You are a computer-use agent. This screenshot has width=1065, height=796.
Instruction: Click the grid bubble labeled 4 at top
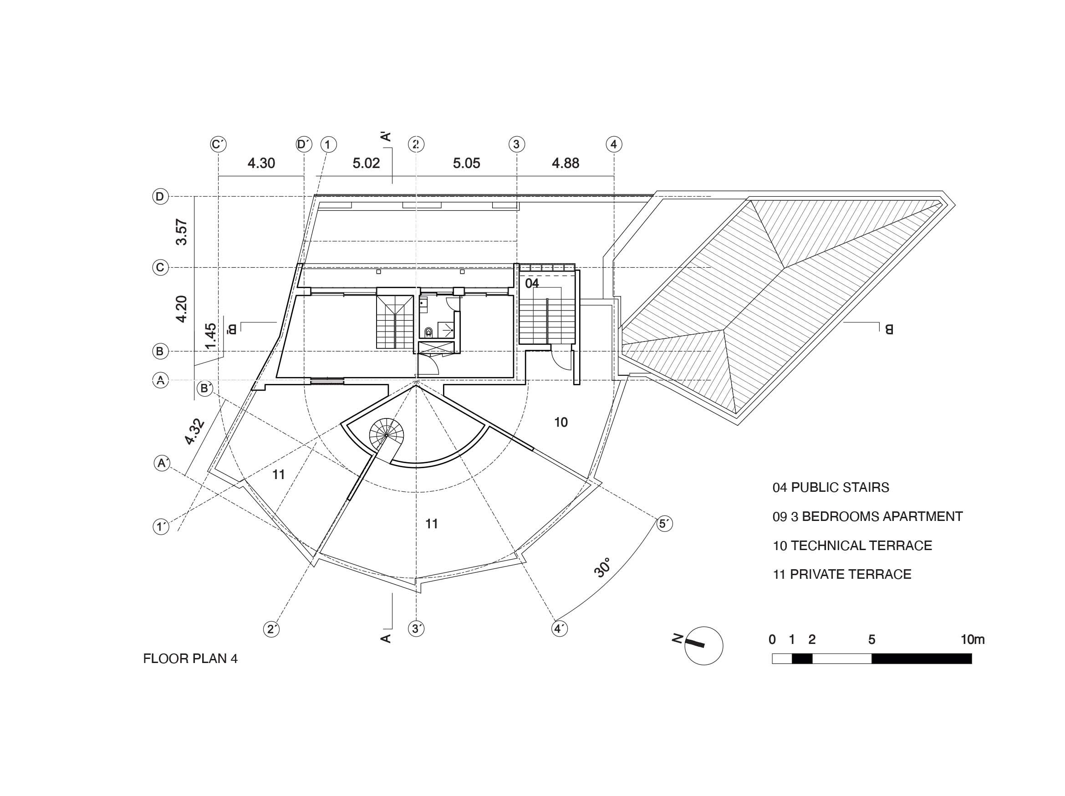click(x=613, y=144)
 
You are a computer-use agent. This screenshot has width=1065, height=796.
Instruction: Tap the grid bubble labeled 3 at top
click(x=517, y=144)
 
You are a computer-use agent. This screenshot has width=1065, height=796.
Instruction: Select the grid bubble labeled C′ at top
click(x=219, y=144)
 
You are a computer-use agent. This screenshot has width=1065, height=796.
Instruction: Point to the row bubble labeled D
click(x=160, y=196)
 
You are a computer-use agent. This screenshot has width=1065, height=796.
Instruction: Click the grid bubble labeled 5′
click(x=664, y=523)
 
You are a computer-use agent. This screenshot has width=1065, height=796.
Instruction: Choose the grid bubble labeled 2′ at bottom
click(x=271, y=629)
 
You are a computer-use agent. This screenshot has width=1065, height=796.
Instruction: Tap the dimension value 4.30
click(x=261, y=163)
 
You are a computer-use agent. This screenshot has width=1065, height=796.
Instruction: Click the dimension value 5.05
click(x=467, y=163)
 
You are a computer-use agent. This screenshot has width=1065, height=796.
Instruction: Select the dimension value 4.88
click(x=566, y=163)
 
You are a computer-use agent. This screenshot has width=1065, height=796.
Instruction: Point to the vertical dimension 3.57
click(x=182, y=232)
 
